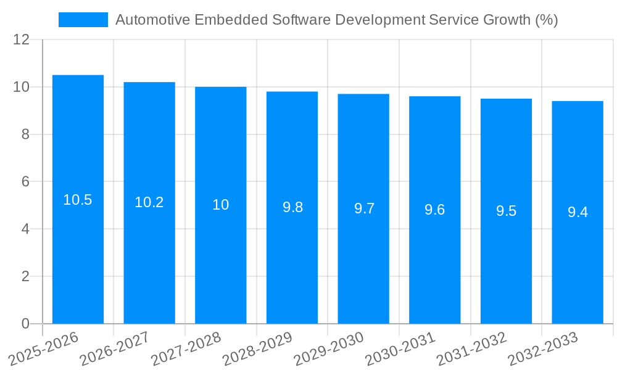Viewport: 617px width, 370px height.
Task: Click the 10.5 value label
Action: (78, 200)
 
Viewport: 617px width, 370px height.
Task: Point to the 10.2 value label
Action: (149, 202)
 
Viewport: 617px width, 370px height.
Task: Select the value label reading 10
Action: (221, 205)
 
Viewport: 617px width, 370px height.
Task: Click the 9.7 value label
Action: (364, 208)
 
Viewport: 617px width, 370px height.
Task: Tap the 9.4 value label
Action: (578, 212)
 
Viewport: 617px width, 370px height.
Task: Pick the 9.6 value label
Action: (435, 210)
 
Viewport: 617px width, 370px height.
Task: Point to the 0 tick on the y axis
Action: (25, 324)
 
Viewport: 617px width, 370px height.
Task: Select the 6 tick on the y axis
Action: (25, 182)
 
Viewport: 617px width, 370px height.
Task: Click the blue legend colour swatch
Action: (83, 20)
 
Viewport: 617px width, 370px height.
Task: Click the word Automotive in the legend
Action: (152, 20)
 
